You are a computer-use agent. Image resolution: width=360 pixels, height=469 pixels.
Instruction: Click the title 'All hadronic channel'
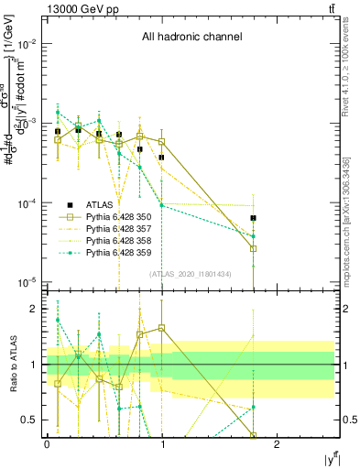[191, 37]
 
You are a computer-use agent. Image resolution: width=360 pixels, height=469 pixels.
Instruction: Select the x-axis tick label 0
[47, 444]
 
